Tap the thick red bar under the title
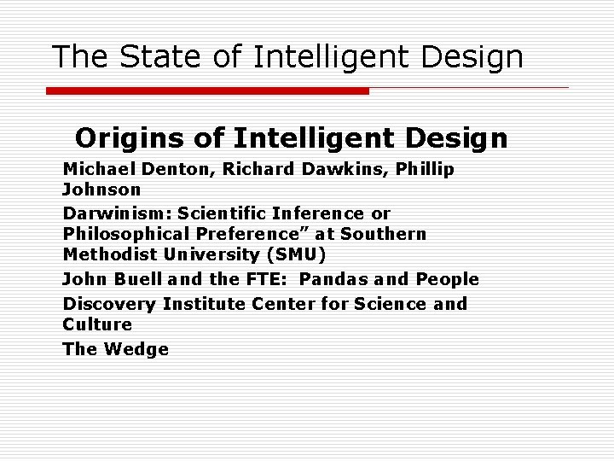[x=207, y=90]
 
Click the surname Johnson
[x=101, y=190]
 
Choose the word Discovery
[x=108, y=304]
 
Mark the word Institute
[x=204, y=304]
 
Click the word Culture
[x=97, y=324]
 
